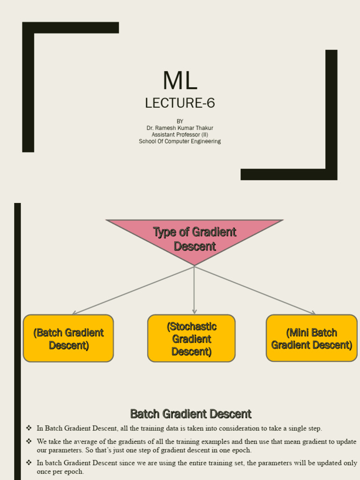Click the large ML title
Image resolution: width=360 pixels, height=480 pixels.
tap(180, 81)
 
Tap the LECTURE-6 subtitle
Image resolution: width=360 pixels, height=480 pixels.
tap(180, 103)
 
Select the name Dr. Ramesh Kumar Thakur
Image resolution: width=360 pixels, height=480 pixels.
tap(180, 128)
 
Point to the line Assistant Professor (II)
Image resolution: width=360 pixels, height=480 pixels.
tap(180, 135)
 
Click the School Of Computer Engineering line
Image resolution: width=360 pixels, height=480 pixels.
tap(180, 141)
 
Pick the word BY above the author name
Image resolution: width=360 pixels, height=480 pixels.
tap(180, 121)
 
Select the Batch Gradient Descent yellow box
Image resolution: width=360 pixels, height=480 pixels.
tap(68, 338)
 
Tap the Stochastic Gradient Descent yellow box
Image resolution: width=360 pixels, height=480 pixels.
tap(191, 338)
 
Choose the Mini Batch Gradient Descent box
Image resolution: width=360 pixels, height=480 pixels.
tap(312, 338)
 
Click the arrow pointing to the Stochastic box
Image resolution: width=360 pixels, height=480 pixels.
tap(194, 291)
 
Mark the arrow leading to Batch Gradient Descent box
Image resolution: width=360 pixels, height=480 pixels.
tap(131, 291)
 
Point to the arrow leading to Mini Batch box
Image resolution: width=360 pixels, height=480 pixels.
tap(255, 291)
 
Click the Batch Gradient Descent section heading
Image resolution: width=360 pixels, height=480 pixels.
tap(191, 414)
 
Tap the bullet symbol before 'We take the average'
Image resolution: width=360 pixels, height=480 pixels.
tap(29, 442)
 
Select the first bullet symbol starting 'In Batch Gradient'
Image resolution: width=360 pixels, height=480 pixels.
tap(29, 428)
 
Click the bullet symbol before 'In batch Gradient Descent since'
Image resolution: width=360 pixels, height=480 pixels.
tap(29, 463)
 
